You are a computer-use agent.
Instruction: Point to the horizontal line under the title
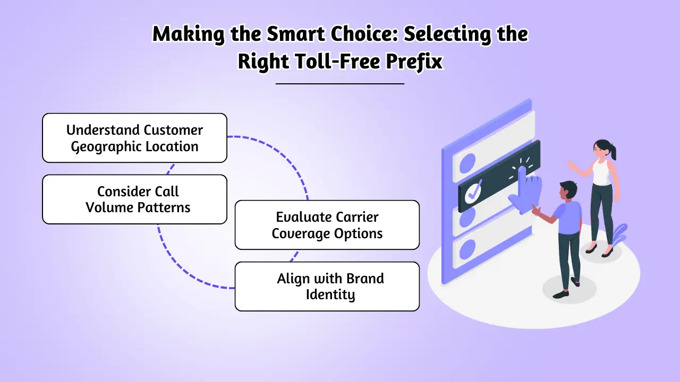tap(340, 83)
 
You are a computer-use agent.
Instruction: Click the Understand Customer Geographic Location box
tap(134, 138)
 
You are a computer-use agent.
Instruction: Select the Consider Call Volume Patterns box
tap(134, 199)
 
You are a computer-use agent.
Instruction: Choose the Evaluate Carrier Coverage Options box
tap(327, 225)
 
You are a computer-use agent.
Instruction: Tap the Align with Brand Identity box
tap(327, 286)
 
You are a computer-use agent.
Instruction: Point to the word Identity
tap(330, 294)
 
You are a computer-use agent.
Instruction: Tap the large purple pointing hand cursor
tap(523, 191)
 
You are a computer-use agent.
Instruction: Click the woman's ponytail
tap(614, 152)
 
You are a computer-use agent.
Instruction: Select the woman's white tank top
tap(601, 172)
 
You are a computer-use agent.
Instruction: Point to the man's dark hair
tap(567, 187)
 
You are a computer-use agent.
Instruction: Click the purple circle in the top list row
tap(468, 161)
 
